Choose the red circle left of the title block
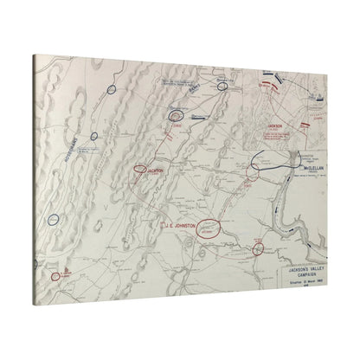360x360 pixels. tap(258, 249)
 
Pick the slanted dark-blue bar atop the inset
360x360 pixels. tap(280, 87)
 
